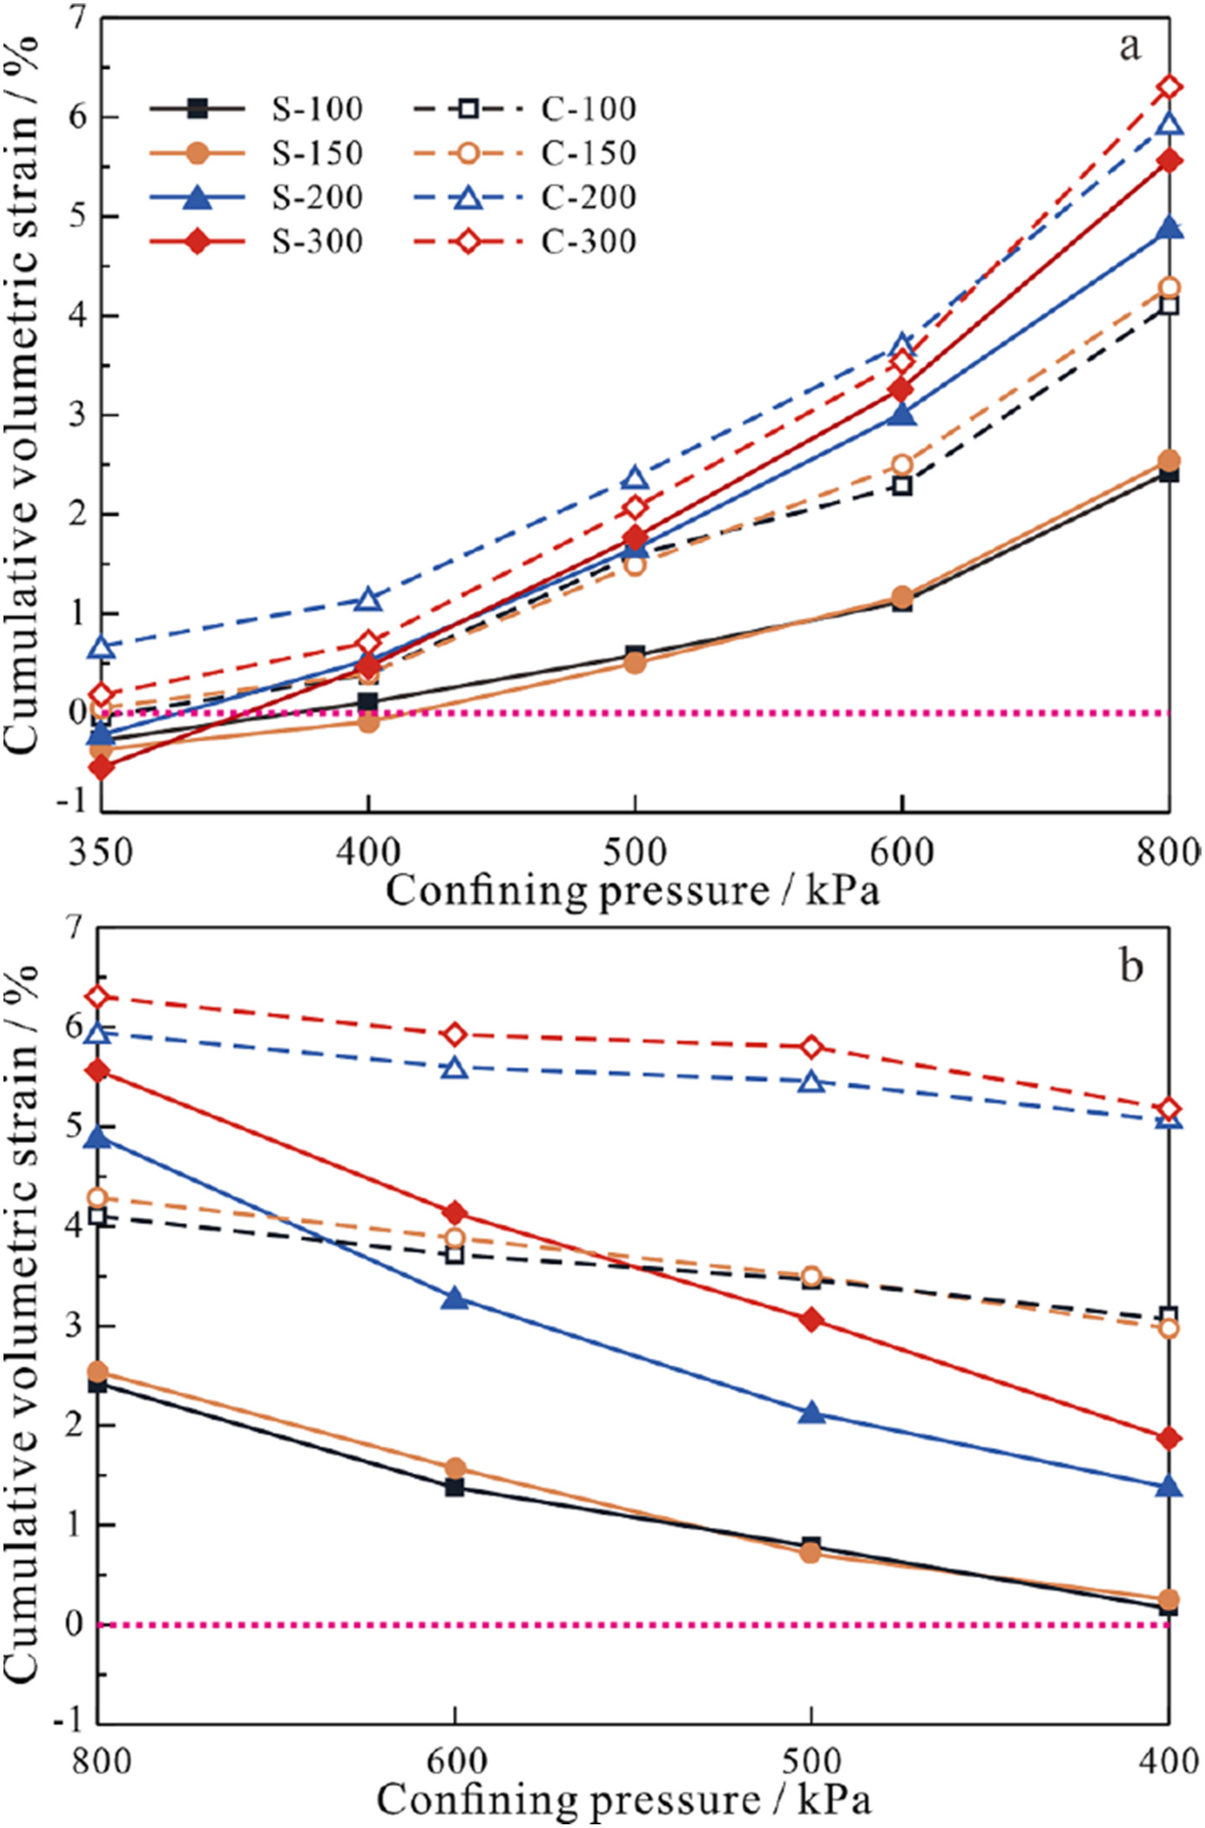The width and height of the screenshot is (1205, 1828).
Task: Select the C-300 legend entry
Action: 588,242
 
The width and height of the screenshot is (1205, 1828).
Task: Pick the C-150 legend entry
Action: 588,153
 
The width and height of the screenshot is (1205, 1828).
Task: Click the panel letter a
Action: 1129,48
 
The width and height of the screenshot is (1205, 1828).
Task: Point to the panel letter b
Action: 1130,967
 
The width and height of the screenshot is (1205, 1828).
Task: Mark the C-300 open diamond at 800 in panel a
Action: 1169,86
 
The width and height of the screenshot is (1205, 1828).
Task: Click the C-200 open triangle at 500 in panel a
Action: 634,479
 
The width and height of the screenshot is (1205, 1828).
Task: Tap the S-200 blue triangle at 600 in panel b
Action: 455,1298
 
